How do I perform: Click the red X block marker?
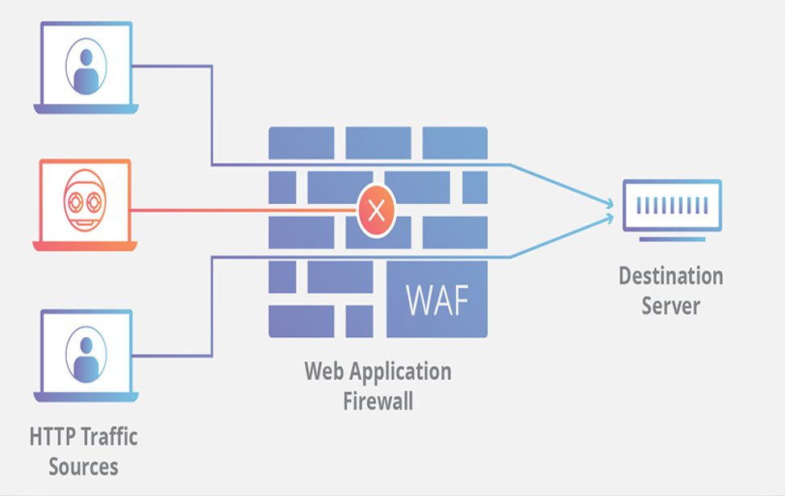click(375, 211)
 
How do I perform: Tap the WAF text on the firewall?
click(436, 299)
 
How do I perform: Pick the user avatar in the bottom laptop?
click(85, 355)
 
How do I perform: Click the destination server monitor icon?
click(672, 205)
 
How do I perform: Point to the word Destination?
click(670, 277)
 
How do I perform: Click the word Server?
click(670, 306)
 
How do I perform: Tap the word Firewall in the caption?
click(378, 401)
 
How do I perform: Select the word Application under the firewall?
click(399, 372)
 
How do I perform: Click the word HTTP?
click(56, 437)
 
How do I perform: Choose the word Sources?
click(83, 466)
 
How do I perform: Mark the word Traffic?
click(112, 437)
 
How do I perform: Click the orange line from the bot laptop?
click(242, 211)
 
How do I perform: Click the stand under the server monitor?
click(672, 239)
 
